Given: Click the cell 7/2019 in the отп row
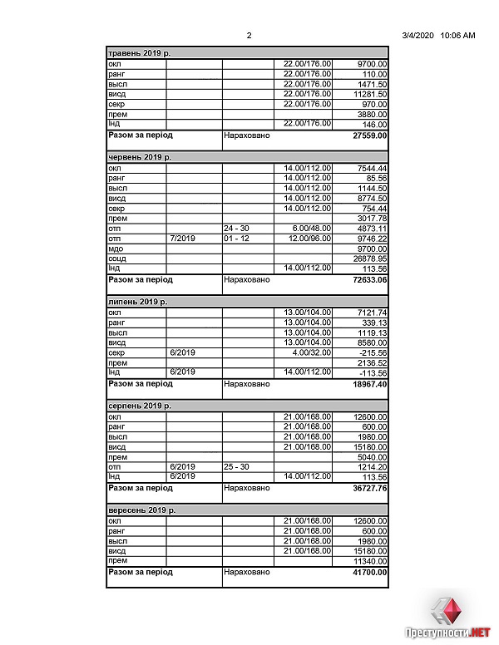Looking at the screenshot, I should click(182, 238).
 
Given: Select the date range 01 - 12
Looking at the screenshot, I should click(237, 238).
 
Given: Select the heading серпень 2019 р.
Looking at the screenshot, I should click(140, 406).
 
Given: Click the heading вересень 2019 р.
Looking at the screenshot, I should click(142, 510).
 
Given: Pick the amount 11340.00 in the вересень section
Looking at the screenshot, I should click(370, 561).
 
